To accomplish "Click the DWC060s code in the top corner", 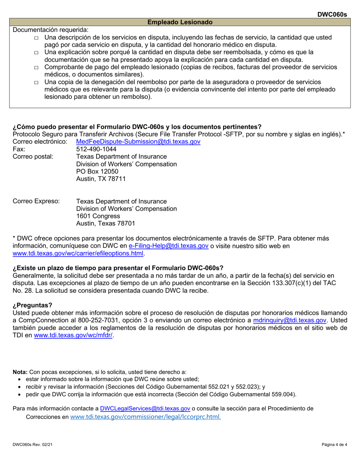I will coord(332,14).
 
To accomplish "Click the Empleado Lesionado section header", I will coord(180,22).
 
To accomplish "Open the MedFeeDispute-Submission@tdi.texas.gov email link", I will coord(138,141).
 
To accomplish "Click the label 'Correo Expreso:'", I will coord(36,201).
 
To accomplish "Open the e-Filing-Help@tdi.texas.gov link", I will coord(169,246).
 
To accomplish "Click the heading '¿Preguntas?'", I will coord(33,305).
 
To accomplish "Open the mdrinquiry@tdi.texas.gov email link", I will coord(289,320).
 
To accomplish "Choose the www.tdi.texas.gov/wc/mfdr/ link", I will coord(73,335).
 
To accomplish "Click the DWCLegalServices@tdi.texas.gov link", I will coord(145,409).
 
